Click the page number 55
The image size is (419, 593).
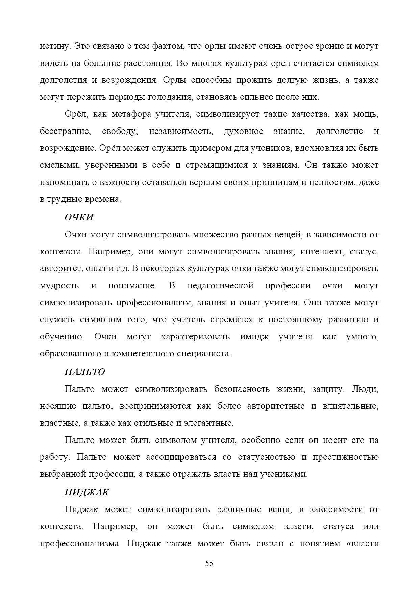209,563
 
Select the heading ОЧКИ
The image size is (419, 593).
79,217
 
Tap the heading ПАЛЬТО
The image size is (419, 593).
84,372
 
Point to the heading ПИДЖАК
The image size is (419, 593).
87,492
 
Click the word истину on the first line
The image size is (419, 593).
54,46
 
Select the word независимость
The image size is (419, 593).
181,131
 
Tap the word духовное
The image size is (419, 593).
243,131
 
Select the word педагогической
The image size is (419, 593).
220,286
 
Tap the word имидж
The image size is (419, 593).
254,337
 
